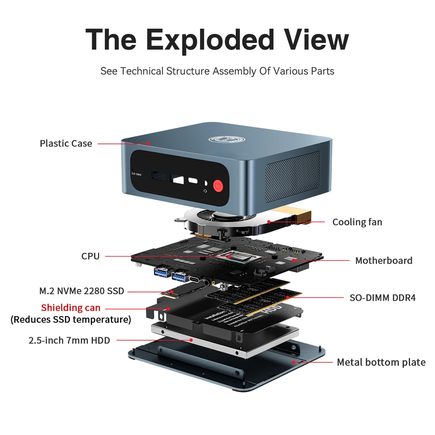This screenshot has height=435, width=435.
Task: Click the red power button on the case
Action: coord(218,186)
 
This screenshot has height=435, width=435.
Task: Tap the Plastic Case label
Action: coord(66,143)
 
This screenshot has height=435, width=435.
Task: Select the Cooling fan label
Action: coord(357,222)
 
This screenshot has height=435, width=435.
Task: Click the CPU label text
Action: coord(90,256)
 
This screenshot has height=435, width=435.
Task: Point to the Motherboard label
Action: coord(384,260)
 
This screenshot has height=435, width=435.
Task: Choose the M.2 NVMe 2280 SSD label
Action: coord(82,291)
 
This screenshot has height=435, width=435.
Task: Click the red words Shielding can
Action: coord(71,308)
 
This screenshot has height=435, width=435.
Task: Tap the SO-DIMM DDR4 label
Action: coord(382,298)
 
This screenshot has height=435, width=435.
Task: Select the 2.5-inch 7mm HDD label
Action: coord(69,340)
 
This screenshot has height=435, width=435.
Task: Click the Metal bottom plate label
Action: coord(381,362)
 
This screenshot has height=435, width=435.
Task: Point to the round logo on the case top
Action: coord(226,139)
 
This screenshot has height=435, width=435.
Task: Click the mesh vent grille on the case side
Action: coord(293,177)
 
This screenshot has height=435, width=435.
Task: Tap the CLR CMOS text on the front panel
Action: coord(136,174)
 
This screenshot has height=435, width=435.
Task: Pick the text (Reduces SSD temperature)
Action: coord(71,319)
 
